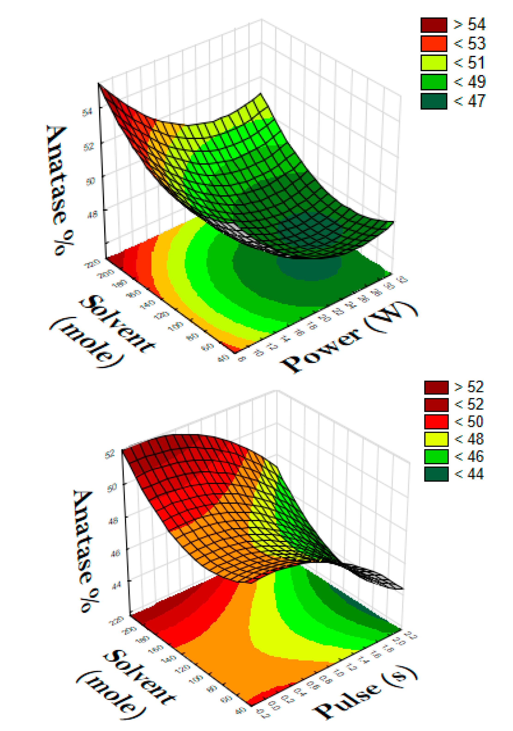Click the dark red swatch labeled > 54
pos(434,25)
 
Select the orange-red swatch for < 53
pos(434,44)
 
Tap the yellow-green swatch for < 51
pos(434,63)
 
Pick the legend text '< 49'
pos(469,82)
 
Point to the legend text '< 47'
pos(469,101)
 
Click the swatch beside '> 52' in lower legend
pos(436,387)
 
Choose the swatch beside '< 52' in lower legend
pos(436,405)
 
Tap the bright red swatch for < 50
pos(436,422)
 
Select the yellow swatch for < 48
pos(436,439)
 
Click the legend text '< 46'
pos(469,457)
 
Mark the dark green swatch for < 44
pos(436,474)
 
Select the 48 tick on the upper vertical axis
pos(92,214)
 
